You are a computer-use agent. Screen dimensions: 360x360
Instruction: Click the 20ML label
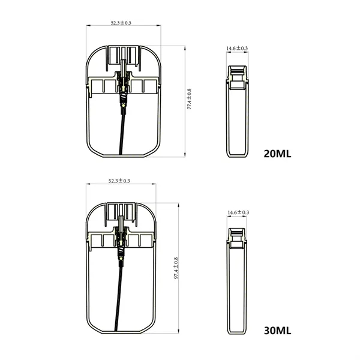click(277, 153)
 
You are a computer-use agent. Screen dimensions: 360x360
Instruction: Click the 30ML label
click(277, 331)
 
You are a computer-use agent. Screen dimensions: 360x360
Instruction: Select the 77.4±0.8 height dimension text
click(189, 100)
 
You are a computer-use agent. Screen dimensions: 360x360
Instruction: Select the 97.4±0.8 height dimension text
click(176, 269)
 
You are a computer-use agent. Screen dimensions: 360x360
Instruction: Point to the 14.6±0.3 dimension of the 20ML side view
click(238, 48)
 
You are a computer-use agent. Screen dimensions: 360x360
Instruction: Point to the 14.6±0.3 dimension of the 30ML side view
click(238, 213)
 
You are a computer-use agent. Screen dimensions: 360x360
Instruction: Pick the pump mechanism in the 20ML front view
click(124, 84)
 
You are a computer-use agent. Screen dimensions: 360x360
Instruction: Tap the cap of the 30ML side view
click(238, 237)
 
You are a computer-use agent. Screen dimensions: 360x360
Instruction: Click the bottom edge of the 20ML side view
click(238, 157)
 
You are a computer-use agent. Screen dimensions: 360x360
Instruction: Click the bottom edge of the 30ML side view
click(238, 332)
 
